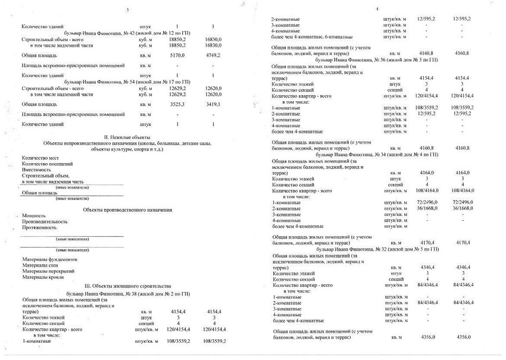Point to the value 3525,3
tap(177, 104)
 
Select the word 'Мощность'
tap(33, 215)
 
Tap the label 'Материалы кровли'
tap(43, 277)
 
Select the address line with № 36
tap(377, 61)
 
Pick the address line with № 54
tap(127, 82)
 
